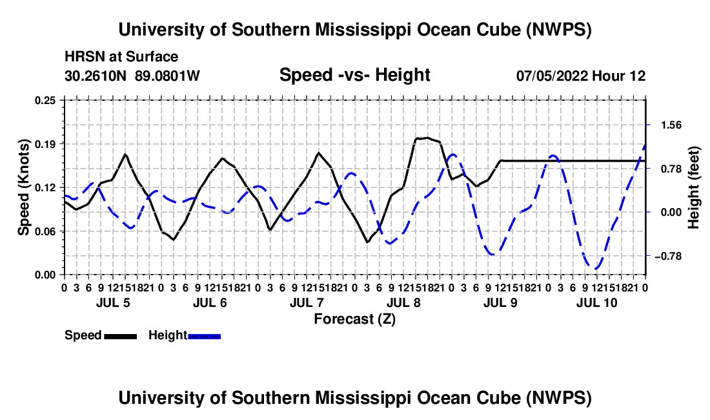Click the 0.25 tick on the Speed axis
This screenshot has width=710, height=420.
click(45, 101)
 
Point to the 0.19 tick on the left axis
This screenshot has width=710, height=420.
click(45, 144)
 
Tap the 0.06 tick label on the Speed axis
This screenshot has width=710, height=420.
click(45, 231)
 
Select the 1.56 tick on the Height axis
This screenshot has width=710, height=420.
click(671, 125)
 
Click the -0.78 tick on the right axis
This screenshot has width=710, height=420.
click(668, 257)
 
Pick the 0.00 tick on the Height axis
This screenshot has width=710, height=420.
click(671, 212)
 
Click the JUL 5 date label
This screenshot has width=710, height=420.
click(113, 302)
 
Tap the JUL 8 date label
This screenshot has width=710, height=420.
click(403, 302)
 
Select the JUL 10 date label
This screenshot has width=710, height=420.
click(597, 302)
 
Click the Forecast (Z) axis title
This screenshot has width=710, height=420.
click(355, 319)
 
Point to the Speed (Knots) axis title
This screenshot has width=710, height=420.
click(23, 187)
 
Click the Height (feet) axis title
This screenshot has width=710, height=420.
click(693, 187)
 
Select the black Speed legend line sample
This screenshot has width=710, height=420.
click(121, 337)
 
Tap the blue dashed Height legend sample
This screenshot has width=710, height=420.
click(204, 337)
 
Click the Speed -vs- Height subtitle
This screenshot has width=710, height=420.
click(355, 75)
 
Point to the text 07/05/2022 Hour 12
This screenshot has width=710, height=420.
click(581, 76)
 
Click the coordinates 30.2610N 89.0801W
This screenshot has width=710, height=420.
click(132, 76)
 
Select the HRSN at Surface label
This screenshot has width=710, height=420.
click(121, 57)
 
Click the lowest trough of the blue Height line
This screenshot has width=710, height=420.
click(596, 269)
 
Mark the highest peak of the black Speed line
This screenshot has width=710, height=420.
click(426, 138)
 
